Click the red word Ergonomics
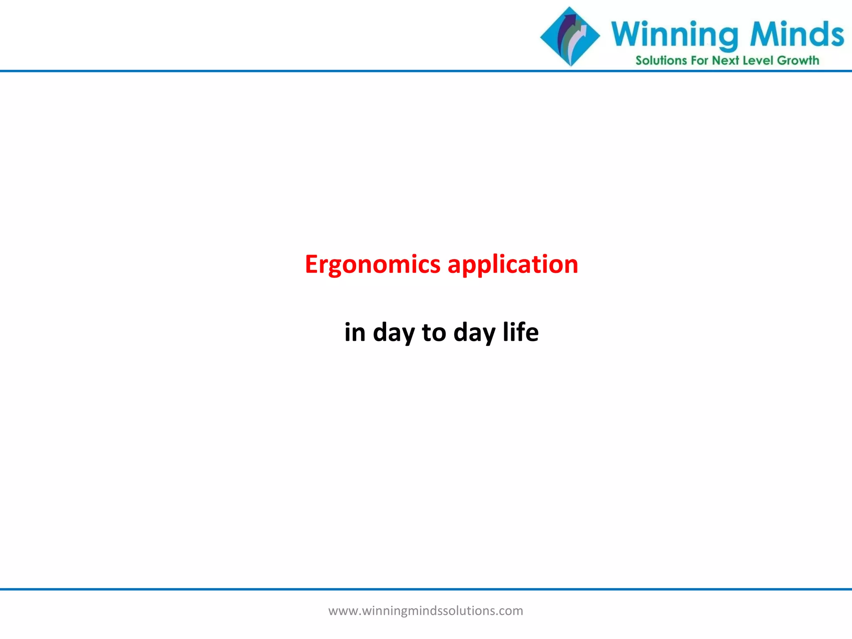pyautogui.click(x=372, y=265)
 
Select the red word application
pyautogui.click(x=513, y=265)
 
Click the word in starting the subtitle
pyautogui.click(x=354, y=332)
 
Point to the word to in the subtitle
pyautogui.click(x=434, y=332)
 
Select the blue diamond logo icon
pyautogui.click(x=570, y=37)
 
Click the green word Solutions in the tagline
pyautogui.click(x=661, y=61)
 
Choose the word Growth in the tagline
pyautogui.click(x=798, y=61)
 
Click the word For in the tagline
pyautogui.click(x=699, y=61)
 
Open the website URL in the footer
pyautogui.click(x=426, y=611)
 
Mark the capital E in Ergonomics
pyautogui.click(x=312, y=264)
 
